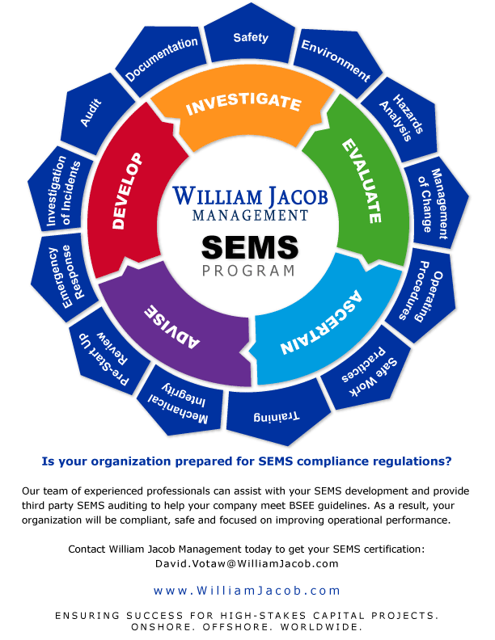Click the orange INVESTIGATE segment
pyautogui.click(x=243, y=104)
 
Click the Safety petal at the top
pyautogui.click(x=250, y=36)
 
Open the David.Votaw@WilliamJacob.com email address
pyautogui.click(x=247, y=563)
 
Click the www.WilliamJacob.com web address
pyautogui.click(x=247, y=591)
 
